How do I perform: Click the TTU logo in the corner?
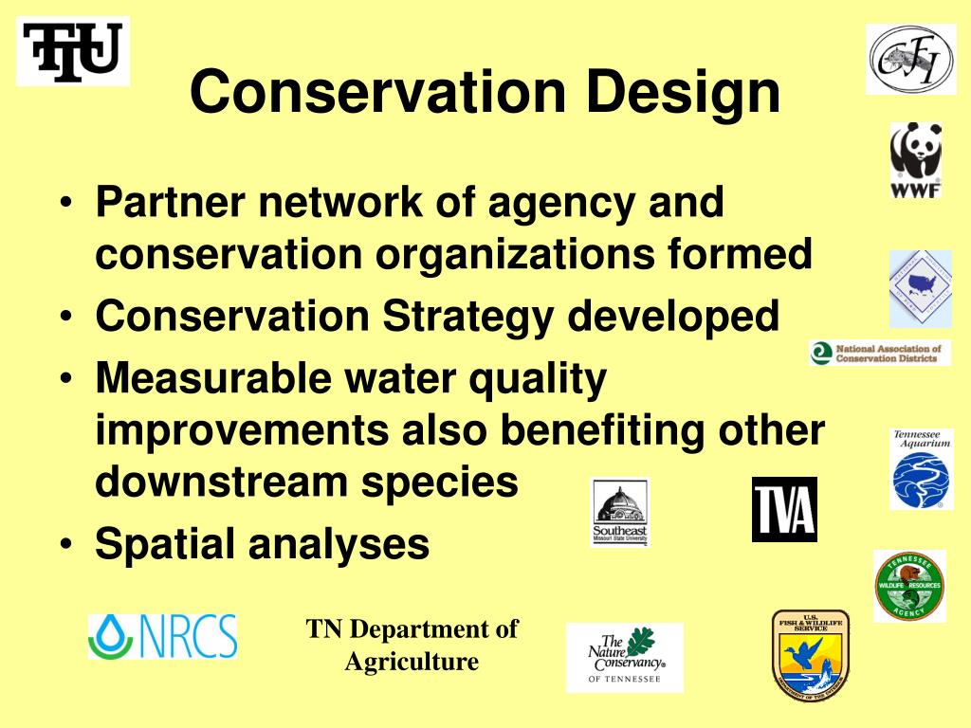(x=74, y=51)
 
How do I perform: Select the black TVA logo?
(x=783, y=509)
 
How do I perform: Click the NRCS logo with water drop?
(x=162, y=636)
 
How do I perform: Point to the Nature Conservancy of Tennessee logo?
(x=624, y=657)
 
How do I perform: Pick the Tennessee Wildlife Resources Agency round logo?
(x=909, y=586)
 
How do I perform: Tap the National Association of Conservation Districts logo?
(x=879, y=353)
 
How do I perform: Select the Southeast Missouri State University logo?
(x=620, y=512)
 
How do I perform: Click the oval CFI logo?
(x=910, y=60)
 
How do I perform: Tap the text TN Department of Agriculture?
(x=412, y=645)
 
